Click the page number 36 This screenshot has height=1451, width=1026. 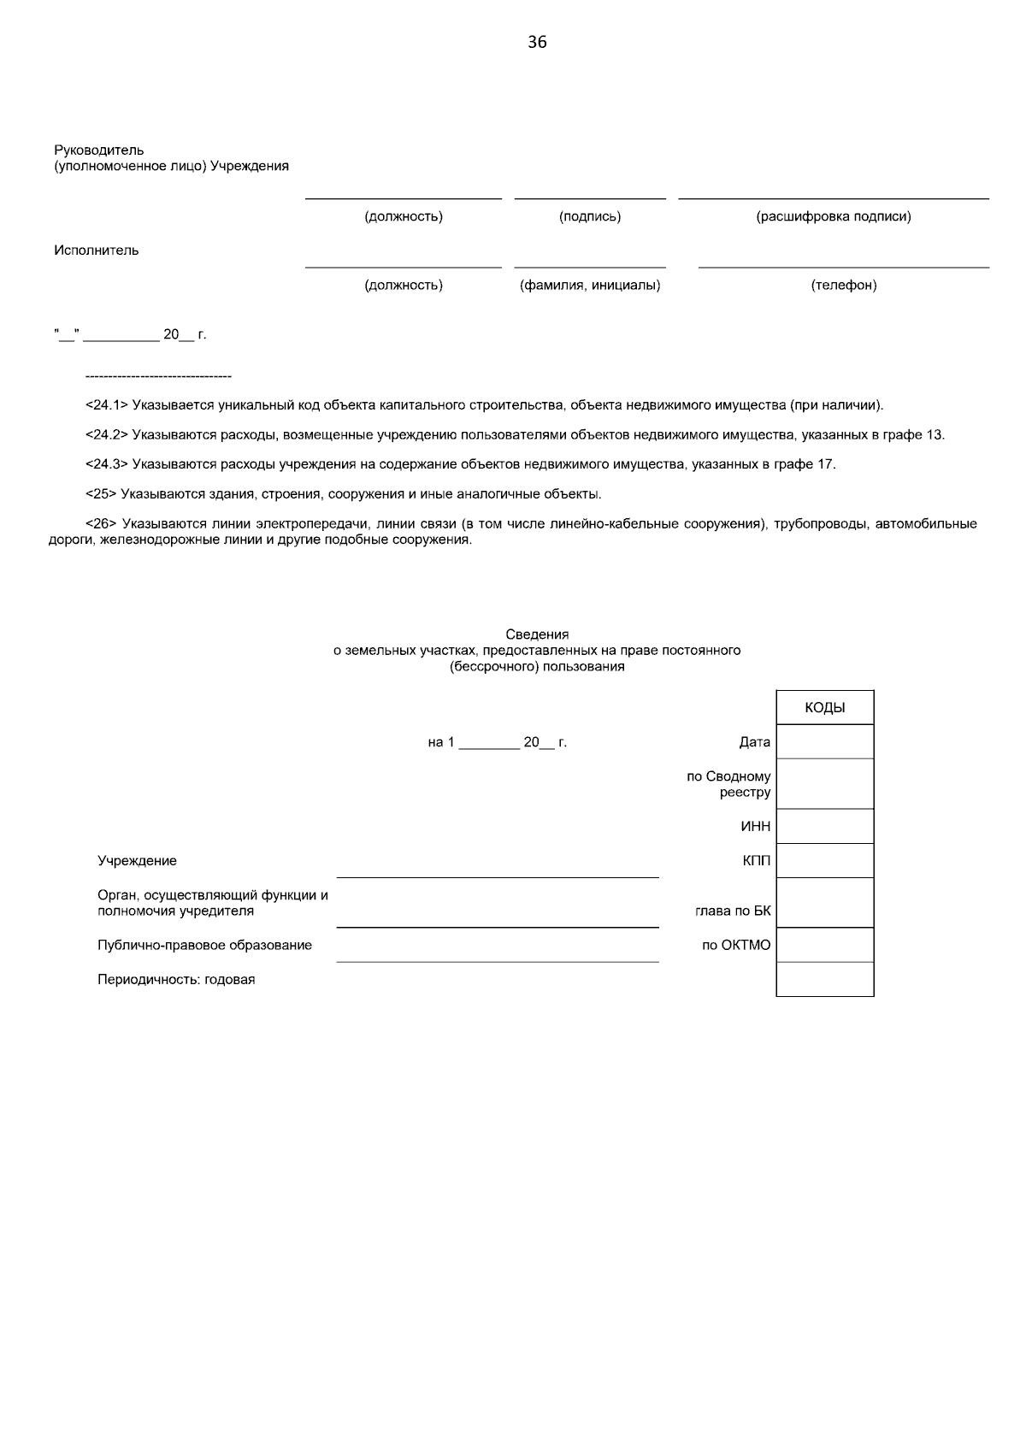click(x=537, y=42)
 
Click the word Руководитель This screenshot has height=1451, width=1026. click(x=99, y=150)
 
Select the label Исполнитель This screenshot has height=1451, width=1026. click(x=97, y=251)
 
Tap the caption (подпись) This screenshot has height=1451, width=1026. click(x=590, y=216)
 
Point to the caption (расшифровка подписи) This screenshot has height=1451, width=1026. click(x=834, y=216)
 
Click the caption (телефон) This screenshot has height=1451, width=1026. click(x=844, y=285)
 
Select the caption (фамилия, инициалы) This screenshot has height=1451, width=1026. click(x=590, y=285)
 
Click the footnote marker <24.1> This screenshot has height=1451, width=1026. click(x=107, y=404)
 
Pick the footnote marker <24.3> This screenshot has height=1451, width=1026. click(x=107, y=464)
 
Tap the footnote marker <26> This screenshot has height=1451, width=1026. click(x=101, y=523)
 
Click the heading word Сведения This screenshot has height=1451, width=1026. click(x=537, y=634)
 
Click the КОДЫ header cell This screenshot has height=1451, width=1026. click(x=825, y=708)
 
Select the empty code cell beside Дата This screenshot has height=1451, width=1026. click(x=825, y=742)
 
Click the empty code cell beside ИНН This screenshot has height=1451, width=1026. click(x=825, y=827)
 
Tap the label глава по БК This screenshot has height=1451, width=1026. click(x=733, y=911)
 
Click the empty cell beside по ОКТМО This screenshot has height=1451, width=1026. click(x=825, y=946)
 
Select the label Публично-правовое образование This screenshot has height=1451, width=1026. click(x=204, y=946)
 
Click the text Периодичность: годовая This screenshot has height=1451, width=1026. click(x=176, y=980)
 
